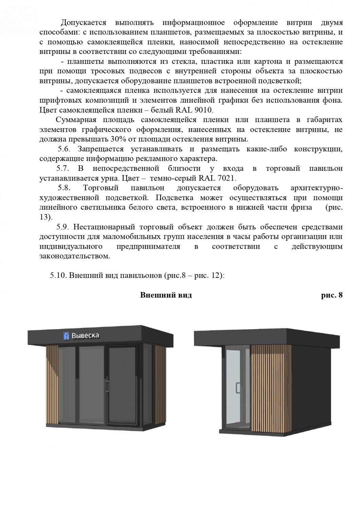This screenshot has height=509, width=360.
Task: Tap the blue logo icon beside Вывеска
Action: coord(67,336)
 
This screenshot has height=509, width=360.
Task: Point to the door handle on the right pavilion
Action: coord(238,388)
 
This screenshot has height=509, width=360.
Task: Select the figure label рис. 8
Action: coord(331,295)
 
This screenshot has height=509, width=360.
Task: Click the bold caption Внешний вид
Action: coord(166,295)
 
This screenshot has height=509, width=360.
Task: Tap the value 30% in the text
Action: coord(118,139)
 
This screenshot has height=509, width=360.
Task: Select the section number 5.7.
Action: coord(63,169)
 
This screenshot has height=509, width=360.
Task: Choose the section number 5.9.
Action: coord(63,227)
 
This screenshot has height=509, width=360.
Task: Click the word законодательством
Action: coord(75,256)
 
